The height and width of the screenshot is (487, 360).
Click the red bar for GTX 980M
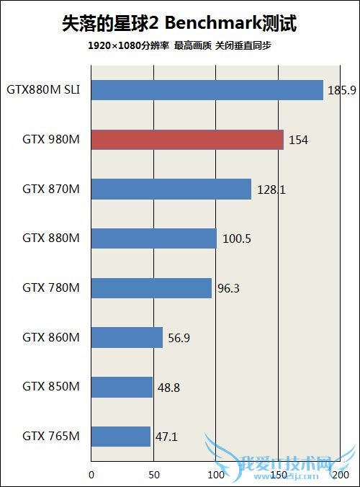(x=187, y=140)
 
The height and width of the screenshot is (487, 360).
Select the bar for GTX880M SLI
(x=207, y=90)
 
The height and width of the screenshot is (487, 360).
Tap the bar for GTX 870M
(x=171, y=189)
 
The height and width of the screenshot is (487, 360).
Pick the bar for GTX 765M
(x=121, y=436)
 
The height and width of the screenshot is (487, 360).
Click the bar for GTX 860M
(x=127, y=337)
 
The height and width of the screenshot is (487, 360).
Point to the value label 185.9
(x=340, y=91)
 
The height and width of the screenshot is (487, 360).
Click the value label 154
(x=298, y=140)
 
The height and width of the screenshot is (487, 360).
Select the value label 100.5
(x=235, y=238)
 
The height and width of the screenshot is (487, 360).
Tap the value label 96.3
(x=229, y=288)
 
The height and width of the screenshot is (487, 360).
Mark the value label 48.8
(x=169, y=387)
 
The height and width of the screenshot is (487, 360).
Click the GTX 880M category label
(x=50, y=238)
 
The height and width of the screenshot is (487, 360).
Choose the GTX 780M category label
(x=50, y=288)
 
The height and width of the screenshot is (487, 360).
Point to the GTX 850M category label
(x=50, y=387)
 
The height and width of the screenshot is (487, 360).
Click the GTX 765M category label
(x=50, y=436)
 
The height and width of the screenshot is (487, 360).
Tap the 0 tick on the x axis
(x=91, y=475)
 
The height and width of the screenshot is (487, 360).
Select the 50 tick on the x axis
(x=153, y=475)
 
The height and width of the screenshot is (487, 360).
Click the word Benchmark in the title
(x=217, y=25)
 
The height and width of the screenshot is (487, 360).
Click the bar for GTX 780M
(x=151, y=288)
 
